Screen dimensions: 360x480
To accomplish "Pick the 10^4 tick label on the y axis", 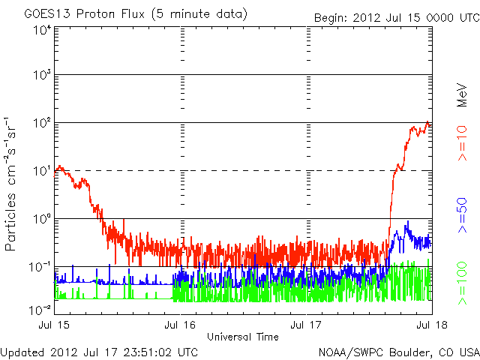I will (x=42, y=30).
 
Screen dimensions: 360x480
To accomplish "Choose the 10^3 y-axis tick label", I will (x=42, y=76).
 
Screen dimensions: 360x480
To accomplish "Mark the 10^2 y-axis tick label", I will (x=42, y=124).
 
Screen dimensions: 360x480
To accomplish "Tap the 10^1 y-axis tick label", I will (x=42, y=171).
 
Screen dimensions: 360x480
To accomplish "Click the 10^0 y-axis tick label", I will (x=42, y=219).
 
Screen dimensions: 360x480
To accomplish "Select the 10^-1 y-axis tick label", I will (x=40, y=267).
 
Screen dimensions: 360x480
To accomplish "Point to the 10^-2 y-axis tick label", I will (x=40, y=308).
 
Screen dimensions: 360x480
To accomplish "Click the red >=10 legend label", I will (x=463, y=143).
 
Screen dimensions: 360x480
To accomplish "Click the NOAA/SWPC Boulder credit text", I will (x=398, y=352).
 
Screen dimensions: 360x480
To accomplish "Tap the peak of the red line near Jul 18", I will (x=427, y=122).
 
